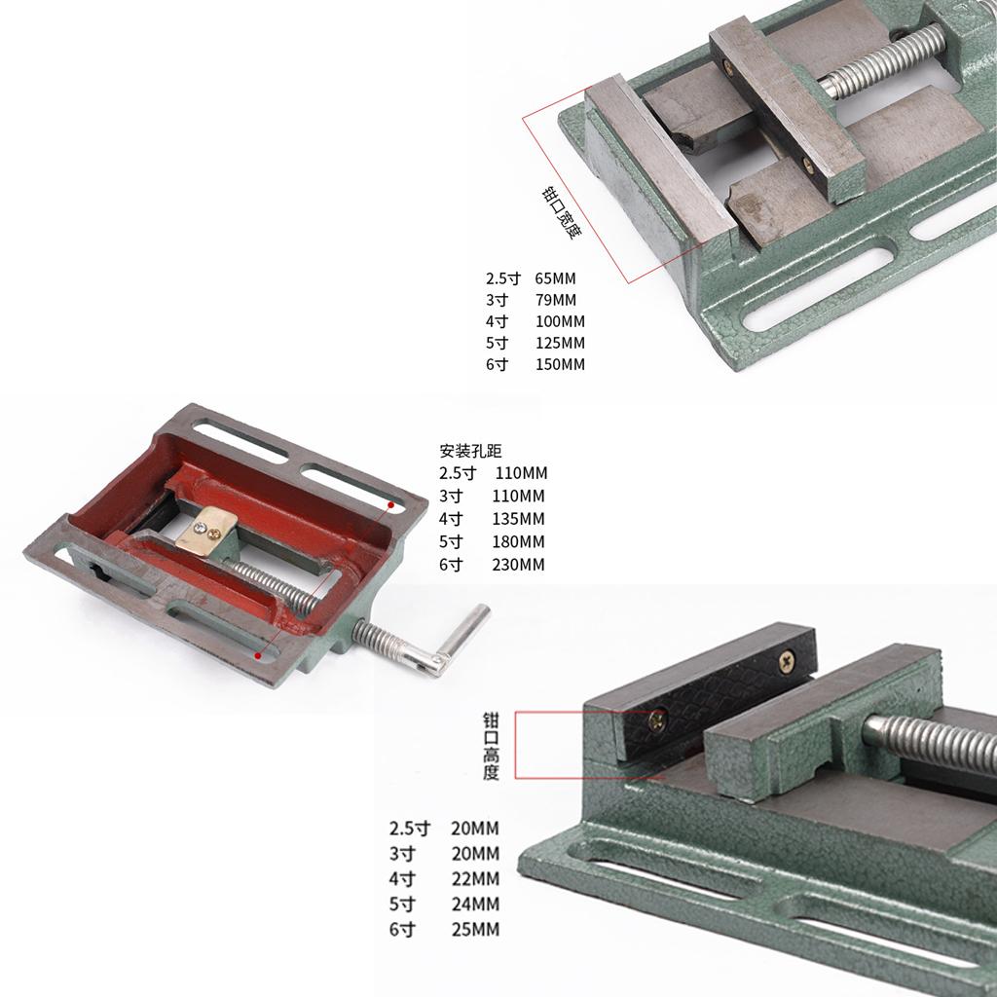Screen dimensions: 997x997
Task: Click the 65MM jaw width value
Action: tap(555, 278)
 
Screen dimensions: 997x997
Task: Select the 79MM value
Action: tap(555, 300)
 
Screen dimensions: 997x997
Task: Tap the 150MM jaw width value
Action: tap(560, 365)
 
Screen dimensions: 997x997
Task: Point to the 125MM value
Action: tap(560, 344)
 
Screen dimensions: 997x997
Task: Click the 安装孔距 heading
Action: tap(470, 451)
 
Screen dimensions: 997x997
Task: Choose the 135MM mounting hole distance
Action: tap(518, 519)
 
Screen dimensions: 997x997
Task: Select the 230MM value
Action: tap(518, 565)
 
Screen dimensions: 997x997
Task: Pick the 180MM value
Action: tap(518, 541)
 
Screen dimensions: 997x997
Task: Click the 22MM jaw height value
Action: tap(475, 879)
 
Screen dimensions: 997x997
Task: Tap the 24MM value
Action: tap(475, 905)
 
